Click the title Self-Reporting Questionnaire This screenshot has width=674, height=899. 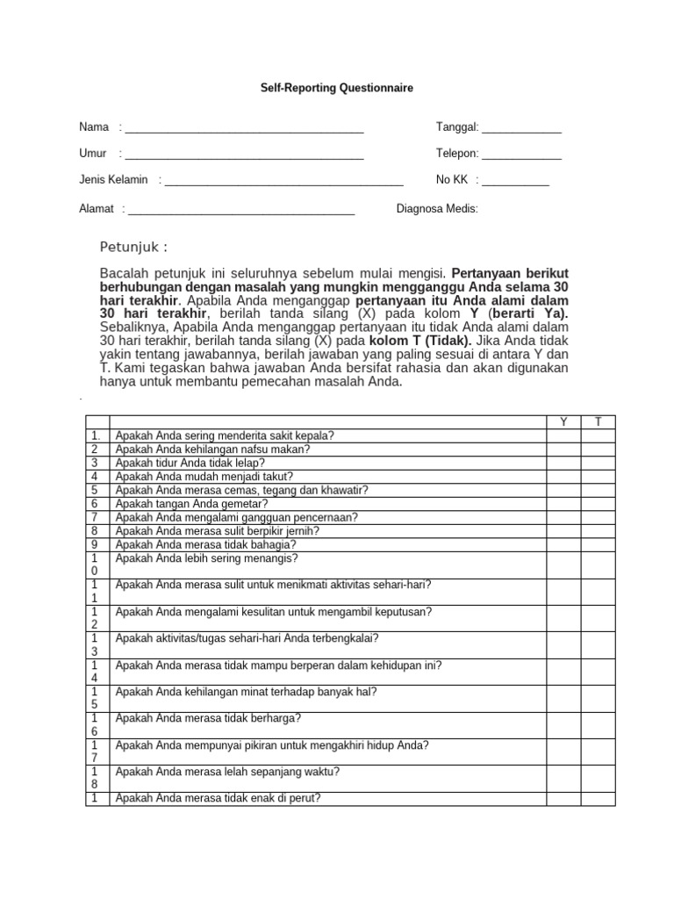pyautogui.click(x=337, y=89)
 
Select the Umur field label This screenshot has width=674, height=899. pyautogui.click(x=93, y=154)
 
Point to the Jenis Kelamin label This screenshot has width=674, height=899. pyautogui.click(x=113, y=180)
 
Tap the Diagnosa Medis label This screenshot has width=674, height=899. pyautogui.click(x=437, y=209)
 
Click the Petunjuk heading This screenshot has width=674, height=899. pyautogui.click(x=133, y=245)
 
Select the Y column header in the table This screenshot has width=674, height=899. pyautogui.click(x=563, y=422)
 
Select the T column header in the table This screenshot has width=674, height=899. pyautogui.click(x=598, y=422)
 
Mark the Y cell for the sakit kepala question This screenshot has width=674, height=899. pyautogui.click(x=563, y=435)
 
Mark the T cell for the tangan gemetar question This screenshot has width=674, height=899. pyautogui.click(x=598, y=504)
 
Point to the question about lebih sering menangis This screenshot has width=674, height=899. pyautogui.click(x=207, y=558)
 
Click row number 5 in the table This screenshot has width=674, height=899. pyautogui.click(x=94, y=490)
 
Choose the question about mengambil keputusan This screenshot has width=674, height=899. pyautogui.click(x=274, y=612)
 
